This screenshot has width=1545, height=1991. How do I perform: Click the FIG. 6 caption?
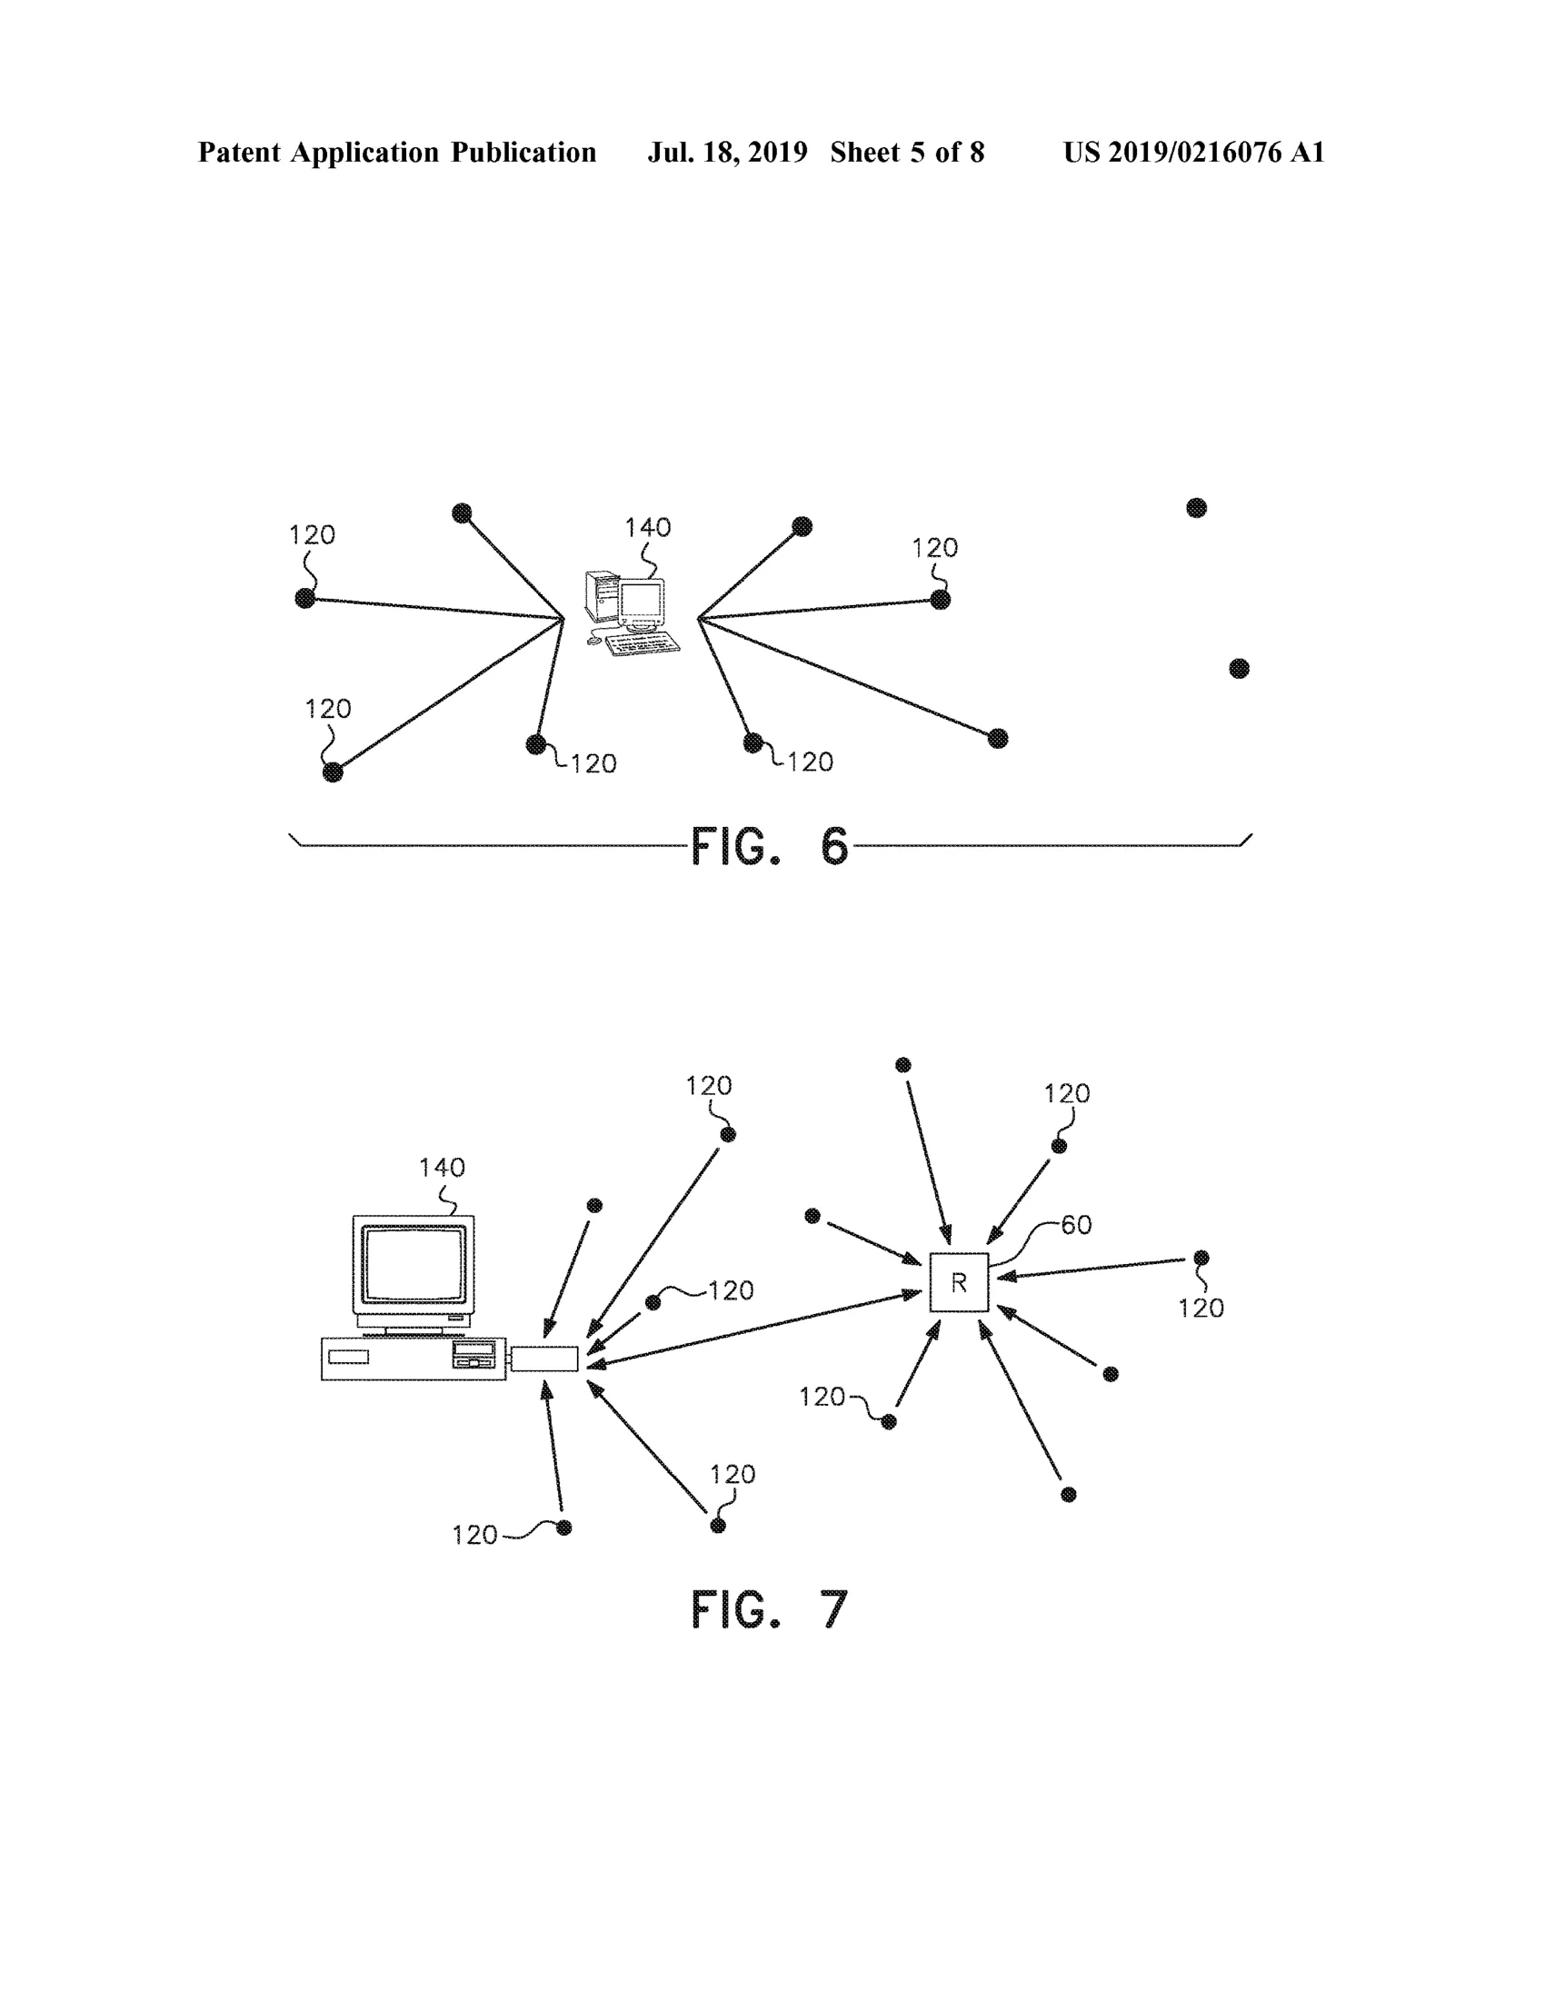769,846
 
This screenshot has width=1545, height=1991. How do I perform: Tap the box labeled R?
959,1283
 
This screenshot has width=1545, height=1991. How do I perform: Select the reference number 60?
1076,1224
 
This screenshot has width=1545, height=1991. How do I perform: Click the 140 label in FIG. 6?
647,527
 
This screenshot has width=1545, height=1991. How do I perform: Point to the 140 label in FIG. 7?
442,1167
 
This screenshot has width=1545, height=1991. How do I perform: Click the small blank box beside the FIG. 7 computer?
544,1359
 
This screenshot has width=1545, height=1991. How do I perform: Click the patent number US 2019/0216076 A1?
1194,153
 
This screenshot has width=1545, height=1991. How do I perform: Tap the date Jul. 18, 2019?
727,153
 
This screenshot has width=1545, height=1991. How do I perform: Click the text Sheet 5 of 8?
907,153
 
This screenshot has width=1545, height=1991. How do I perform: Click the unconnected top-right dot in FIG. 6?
1197,508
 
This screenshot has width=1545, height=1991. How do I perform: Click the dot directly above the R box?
903,1065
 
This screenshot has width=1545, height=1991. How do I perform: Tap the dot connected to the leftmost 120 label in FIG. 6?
305,598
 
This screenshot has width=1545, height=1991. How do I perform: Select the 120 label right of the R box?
1201,1309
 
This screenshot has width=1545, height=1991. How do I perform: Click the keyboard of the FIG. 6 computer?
643,642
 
